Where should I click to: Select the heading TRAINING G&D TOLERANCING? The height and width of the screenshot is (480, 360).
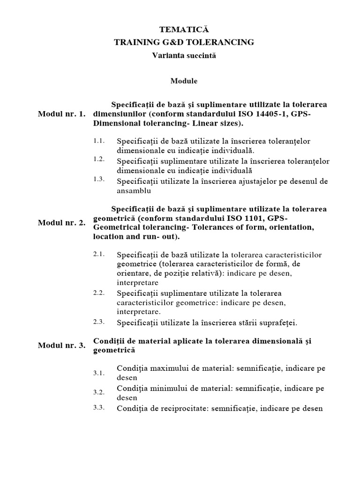pyautogui.click(x=184, y=42)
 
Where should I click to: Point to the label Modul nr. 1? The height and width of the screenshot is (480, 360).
pyautogui.click(x=61, y=114)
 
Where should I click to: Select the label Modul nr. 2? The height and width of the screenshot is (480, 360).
pyautogui.click(x=61, y=223)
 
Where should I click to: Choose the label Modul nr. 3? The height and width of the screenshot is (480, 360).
pyautogui.click(x=61, y=345)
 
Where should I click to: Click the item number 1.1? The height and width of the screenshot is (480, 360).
pyautogui.click(x=99, y=140)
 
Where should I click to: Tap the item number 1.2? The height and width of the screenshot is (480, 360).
pyautogui.click(x=99, y=159)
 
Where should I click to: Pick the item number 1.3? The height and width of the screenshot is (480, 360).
pyautogui.click(x=99, y=180)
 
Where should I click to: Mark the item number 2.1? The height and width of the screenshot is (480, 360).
pyautogui.click(x=99, y=254)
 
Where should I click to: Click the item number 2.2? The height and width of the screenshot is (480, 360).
pyautogui.click(x=99, y=292)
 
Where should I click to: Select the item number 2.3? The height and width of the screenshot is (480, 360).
pyautogui.click(x=99, y=322)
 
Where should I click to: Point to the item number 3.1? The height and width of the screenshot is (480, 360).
pyautogui.click(x=99, y=373)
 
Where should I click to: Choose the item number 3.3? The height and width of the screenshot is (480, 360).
pyautogui.click(x=99, y=407)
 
